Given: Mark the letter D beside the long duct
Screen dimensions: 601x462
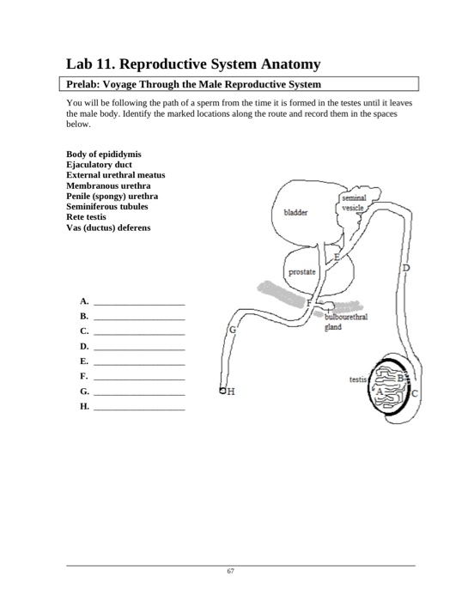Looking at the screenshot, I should click(406, 269).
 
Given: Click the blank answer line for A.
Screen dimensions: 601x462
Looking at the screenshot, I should click(138, 304).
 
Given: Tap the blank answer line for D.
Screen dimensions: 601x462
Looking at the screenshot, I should click(138, 349).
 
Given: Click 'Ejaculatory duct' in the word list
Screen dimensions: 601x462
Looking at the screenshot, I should click(99, 165).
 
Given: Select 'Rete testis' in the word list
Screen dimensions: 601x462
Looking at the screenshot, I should click(89, 217).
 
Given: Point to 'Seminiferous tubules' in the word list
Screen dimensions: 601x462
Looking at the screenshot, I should click(106, 207).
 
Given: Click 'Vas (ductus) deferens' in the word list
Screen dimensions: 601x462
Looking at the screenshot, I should click(107, 228).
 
